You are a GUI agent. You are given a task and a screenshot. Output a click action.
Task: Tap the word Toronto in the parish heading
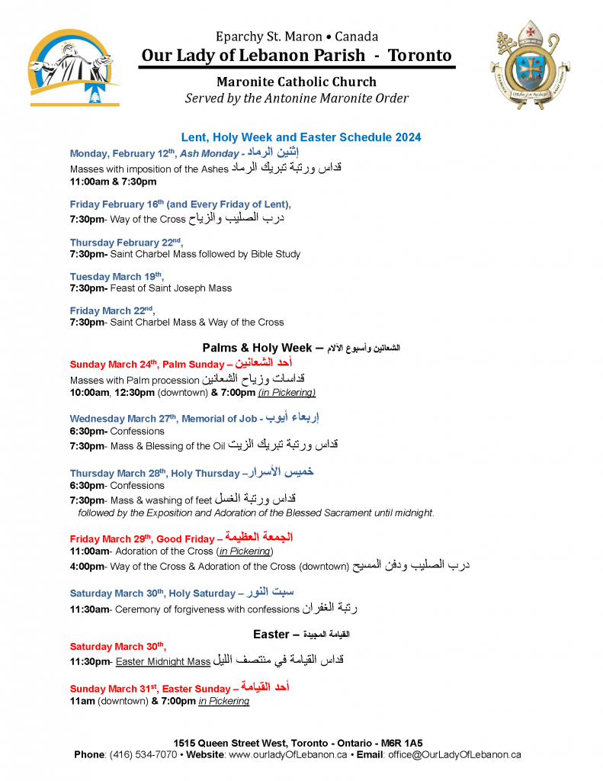pyautogui.click(x=419, y=56)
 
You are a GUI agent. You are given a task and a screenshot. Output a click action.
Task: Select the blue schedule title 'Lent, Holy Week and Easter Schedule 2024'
pyautogui.click(x=301, y=137)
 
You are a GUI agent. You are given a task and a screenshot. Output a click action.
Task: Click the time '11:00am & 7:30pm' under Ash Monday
pyautogui.click(x=113, y=182)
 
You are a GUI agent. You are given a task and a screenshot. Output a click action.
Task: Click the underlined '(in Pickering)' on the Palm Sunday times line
pyautogui.click(x=287, y=393)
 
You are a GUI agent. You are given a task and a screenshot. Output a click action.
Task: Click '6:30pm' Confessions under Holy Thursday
pyautogui.click(x=88, y=485)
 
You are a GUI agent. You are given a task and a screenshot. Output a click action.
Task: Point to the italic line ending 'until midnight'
pyautogui.click(x=256, y=513)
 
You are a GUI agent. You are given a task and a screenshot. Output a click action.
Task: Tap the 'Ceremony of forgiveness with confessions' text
pyautogui.click(x=205, y=609)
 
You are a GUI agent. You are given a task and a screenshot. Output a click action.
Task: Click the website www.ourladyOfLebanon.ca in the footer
pyautogui.click(x=288, y=754)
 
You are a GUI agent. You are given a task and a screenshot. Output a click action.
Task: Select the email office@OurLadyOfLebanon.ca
pyautogui.click(x=454, y=754)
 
